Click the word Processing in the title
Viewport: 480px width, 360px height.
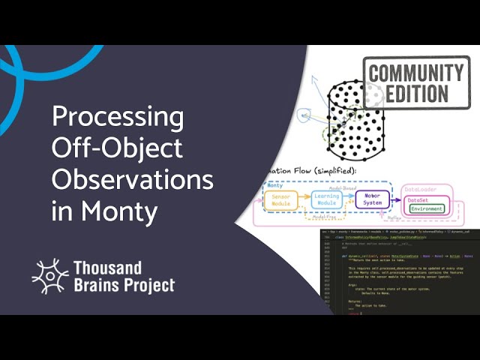pyautogui.click(x=117, y=118)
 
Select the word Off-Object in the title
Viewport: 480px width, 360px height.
pyautogui.click(x=117, y=149)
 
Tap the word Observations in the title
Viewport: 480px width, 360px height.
pyautogui.click(x=132, y=181)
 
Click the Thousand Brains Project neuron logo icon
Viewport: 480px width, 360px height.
pyautogui.click(x=50, y=276)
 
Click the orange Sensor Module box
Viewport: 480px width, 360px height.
pyautogui.click(x=280, y=200)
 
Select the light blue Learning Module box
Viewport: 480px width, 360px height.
pyautogui.click(x=326, y=200)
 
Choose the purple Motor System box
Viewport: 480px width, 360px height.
pyautogui.click(x=373, y=200)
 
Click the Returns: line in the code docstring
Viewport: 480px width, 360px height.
pyautogui.click(x=349, y=299)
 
